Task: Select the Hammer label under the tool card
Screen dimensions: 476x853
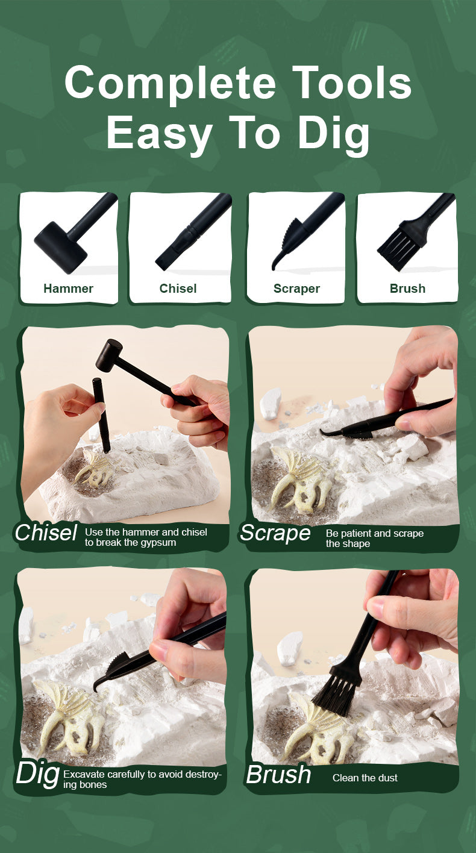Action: point(68,289)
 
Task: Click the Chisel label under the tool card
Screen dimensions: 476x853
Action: point(178,289)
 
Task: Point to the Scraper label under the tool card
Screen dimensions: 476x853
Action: point(296,289)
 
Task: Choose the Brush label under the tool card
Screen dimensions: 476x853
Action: point(407,289)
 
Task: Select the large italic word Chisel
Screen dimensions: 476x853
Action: point(46,533)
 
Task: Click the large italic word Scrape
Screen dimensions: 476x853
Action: point(275,533)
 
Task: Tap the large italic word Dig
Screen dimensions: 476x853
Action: point(38,775)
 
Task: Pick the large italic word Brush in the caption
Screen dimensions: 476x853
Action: point(278,775)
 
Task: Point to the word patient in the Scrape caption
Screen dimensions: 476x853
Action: point(357,534)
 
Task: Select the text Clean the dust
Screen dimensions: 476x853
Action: point(365,778)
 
